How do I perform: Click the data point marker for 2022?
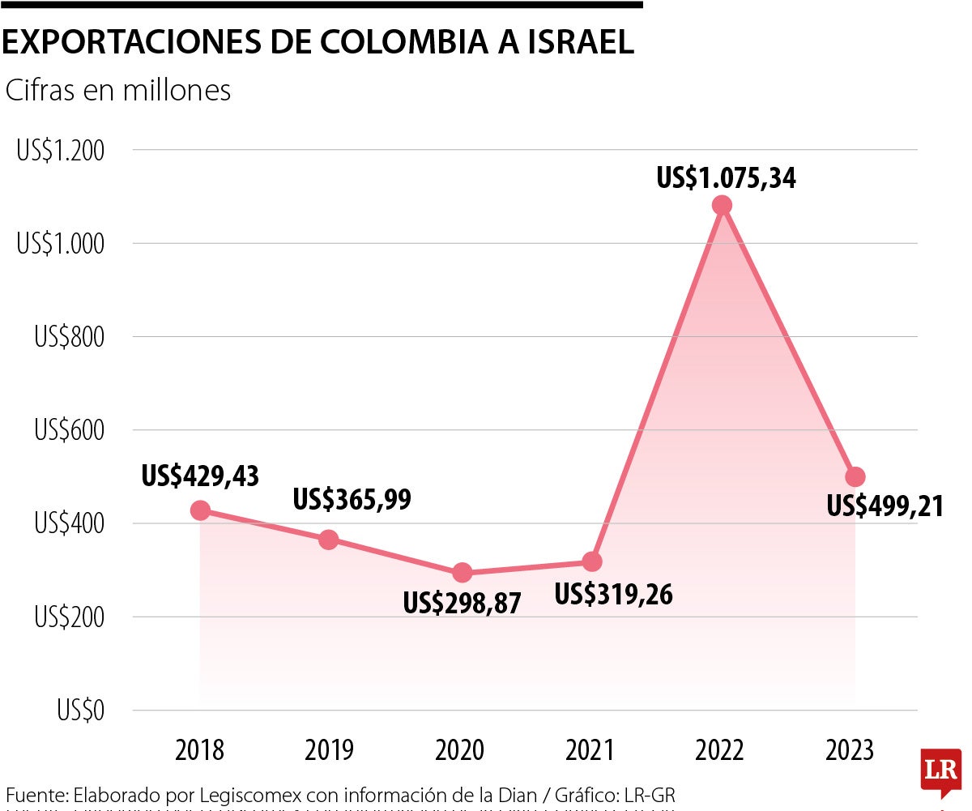(x=722, y=205)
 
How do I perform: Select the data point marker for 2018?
(x=200, y=510)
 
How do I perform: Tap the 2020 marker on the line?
(x=462, y=573)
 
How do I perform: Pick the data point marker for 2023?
(x=855, y=476)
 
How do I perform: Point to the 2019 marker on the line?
(x=328, y=540)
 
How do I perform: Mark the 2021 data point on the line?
(x=592, y=561)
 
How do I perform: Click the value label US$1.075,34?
(x=727, y=177)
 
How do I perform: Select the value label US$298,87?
(x=463, y=603)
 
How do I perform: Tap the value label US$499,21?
(x=885, y=506)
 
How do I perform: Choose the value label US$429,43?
(x=200, y=476)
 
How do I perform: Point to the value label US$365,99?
(x=352, y=500)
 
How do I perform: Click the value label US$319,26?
(x=614, y=595)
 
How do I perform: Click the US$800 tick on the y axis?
(x=70, y=337)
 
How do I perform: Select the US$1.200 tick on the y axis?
(x=61, y=151)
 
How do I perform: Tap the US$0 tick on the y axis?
(x=81, y=711)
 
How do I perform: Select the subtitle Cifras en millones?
(x=118, y=91)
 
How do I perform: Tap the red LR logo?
(x=940, y=773)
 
